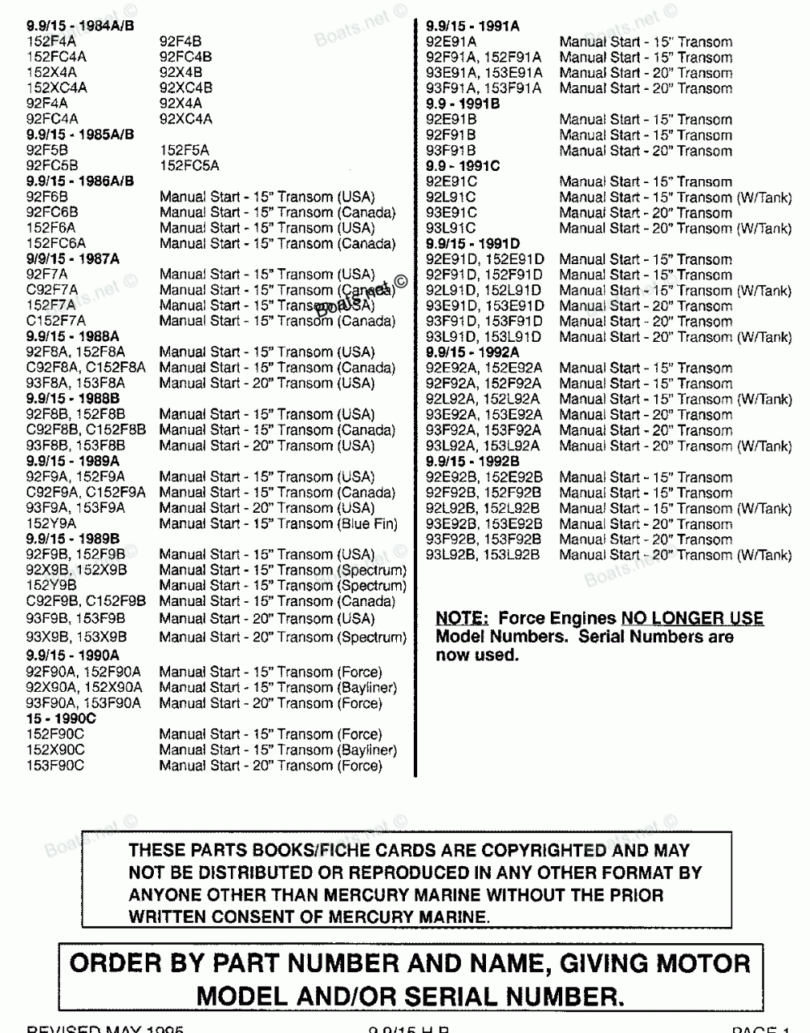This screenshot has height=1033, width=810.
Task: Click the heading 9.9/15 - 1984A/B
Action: [80, 26]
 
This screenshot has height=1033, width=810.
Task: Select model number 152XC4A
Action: [57, 88]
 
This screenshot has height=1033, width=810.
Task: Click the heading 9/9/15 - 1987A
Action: [72, 259]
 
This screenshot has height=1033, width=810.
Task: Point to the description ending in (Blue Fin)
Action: [279, 524]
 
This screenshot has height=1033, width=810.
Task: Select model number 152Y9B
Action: [52, 586]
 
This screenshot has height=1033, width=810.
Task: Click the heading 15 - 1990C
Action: [61, 719]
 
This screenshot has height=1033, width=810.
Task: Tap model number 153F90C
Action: [55, 766]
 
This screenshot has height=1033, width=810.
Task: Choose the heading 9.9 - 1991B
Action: [463, 104]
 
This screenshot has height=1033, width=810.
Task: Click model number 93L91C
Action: [451, 228]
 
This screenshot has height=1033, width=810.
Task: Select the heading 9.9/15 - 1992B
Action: [472, 462]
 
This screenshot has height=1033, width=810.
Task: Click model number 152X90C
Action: [55, 750]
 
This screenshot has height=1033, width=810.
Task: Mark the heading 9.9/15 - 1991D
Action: [473, 244]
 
